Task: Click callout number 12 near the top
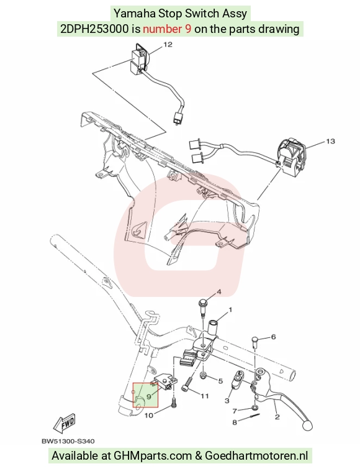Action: tap(168, 45)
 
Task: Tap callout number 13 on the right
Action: tap(330, 141)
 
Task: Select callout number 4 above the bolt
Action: tap(218, 291)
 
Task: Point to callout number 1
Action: tap(230, 310)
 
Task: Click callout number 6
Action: tap(273, 337)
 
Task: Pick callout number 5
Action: tap(220, 381)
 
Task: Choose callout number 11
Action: tap(205, 396)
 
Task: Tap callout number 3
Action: tap(227, 400)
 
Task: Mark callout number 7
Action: tap(235, 411)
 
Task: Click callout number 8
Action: tap(235, 422)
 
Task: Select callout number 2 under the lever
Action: tap(277, 417)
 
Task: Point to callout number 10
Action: tap(149, 416)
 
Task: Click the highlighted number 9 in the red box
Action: tap(149, 397)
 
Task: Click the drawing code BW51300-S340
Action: tap(68, 441)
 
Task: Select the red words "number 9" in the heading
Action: tap(167, 29)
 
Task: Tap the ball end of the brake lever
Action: tap(307, 426)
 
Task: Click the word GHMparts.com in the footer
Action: tap(153, 455)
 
